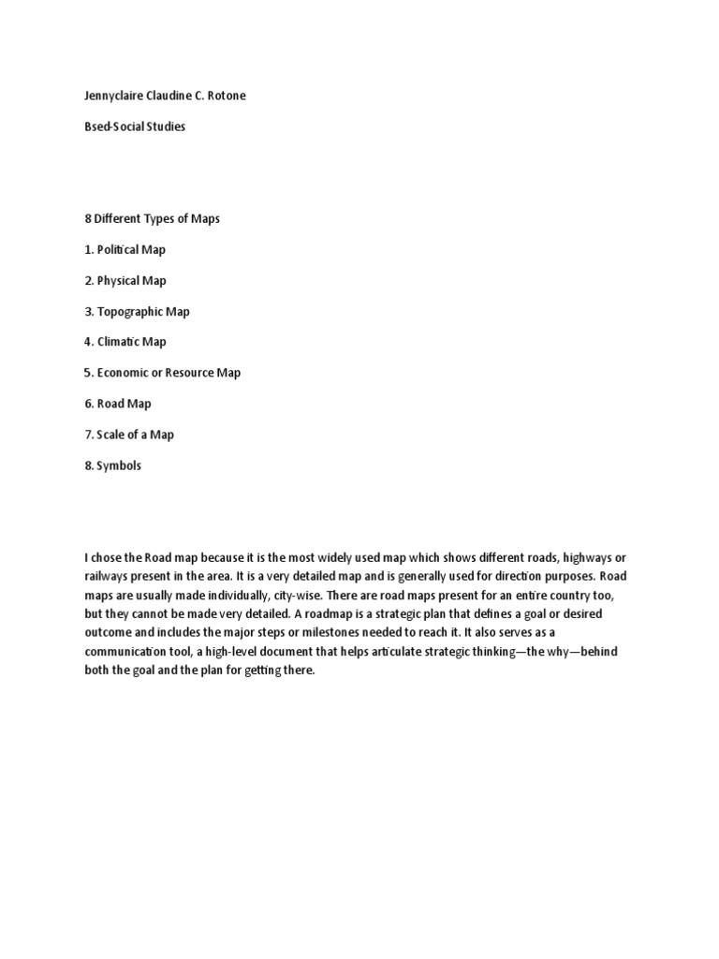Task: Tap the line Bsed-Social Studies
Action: coord(135,126)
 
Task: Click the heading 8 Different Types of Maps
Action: coord(152,219)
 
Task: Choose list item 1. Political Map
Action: coord(124,250)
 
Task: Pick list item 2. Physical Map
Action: coord(125,280)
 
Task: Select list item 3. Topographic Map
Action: coord(137,311)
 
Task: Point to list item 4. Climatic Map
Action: coord(125,342)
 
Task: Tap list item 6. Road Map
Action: coord(117,404)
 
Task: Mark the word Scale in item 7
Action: coord(112,435)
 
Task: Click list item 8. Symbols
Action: coord(112,465)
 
